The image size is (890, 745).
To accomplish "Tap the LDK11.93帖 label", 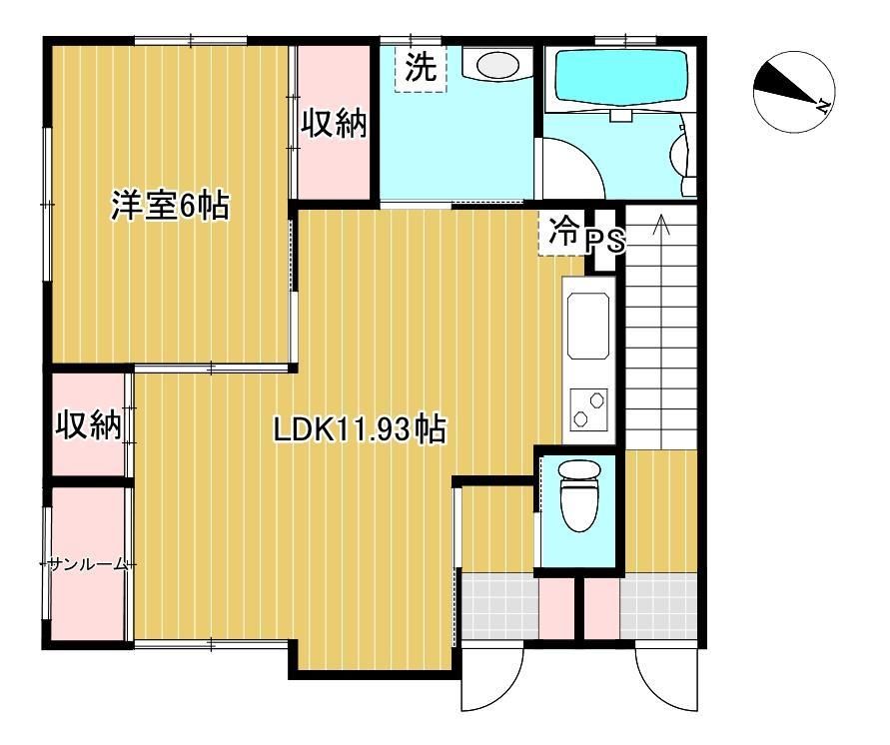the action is pos(360,429).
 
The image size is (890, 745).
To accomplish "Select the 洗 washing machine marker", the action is pos(421,68).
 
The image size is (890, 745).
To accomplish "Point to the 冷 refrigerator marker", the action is pos(562,232).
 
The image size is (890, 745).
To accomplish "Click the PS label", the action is pos(605,241).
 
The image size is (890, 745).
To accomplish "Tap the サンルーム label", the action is pos(87,564).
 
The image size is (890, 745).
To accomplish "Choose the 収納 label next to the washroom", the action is pos(334,123).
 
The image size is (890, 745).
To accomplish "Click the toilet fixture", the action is pos(578,494).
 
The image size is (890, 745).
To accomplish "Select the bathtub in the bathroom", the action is pos(621,78).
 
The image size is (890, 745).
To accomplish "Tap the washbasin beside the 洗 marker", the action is pos(497,64).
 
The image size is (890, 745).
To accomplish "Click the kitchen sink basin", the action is pos(588,326).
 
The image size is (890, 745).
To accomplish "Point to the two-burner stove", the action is pos(588,409).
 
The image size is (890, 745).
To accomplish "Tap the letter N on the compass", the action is pos(822,105).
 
